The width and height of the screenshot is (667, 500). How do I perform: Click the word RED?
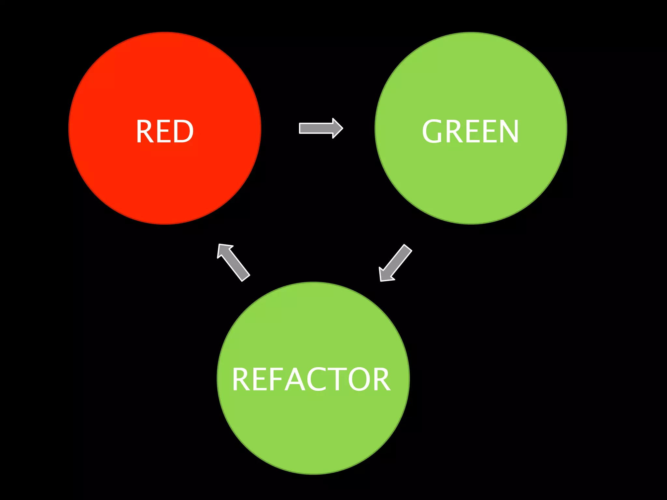pyautogui.click(x=164, y=131)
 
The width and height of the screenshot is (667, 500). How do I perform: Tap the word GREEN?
pyautogui.click(x=470, y=131)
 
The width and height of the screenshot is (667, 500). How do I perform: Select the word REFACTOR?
pyautogui.click(x=311, y=379)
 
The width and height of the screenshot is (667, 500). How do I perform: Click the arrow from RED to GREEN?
pyautogui.click(x=320, y=128)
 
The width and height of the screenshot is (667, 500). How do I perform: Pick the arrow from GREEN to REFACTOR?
pyautogui.click(x=395, y=263)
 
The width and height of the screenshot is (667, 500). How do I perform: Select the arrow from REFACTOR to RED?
pyautogui.click(x=234, y=262)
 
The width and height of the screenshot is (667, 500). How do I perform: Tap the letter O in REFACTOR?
pyautogui.click(x=359, y=379)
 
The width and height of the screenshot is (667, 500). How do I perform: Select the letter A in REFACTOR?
pyautogui.click(x=295, y=379)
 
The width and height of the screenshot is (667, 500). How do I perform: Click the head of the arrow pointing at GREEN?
pyautogui.click(x=337, y=128)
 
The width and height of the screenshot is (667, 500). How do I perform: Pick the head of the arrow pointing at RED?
pyautogui.click(x=224, y=250)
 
